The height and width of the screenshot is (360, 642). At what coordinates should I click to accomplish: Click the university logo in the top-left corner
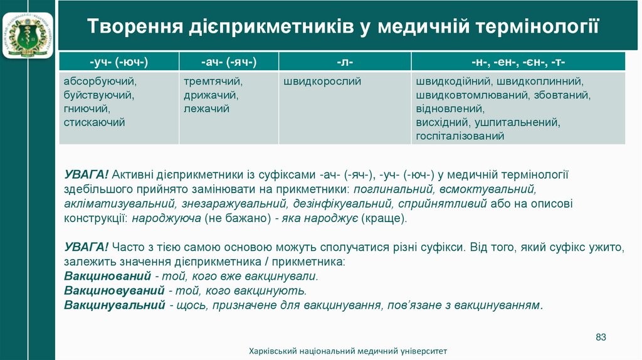pyautogui.click(x=28, y=29)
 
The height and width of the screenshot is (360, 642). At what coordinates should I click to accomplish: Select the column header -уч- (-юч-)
pyautogui.click(x=118, y=61)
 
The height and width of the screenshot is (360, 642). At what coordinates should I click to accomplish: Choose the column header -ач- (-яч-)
pyautogui.click(x=229, y=61)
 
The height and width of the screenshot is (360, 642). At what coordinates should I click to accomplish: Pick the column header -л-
pyautogui.click(x=345, y=61)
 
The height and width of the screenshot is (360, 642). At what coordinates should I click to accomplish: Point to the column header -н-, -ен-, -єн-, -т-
pyautogui.click(x=518, y=61)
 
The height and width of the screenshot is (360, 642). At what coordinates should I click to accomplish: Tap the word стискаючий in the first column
pyautogui.click(x=95, y=122)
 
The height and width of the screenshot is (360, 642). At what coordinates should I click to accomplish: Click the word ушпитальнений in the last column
pyautogui.click(x=517, y=122)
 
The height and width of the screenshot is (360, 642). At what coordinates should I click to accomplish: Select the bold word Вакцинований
pyautogui.click(x=107, y=276)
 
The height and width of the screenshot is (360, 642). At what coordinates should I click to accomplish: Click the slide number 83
pyautogui.click(x=601, y=337)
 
